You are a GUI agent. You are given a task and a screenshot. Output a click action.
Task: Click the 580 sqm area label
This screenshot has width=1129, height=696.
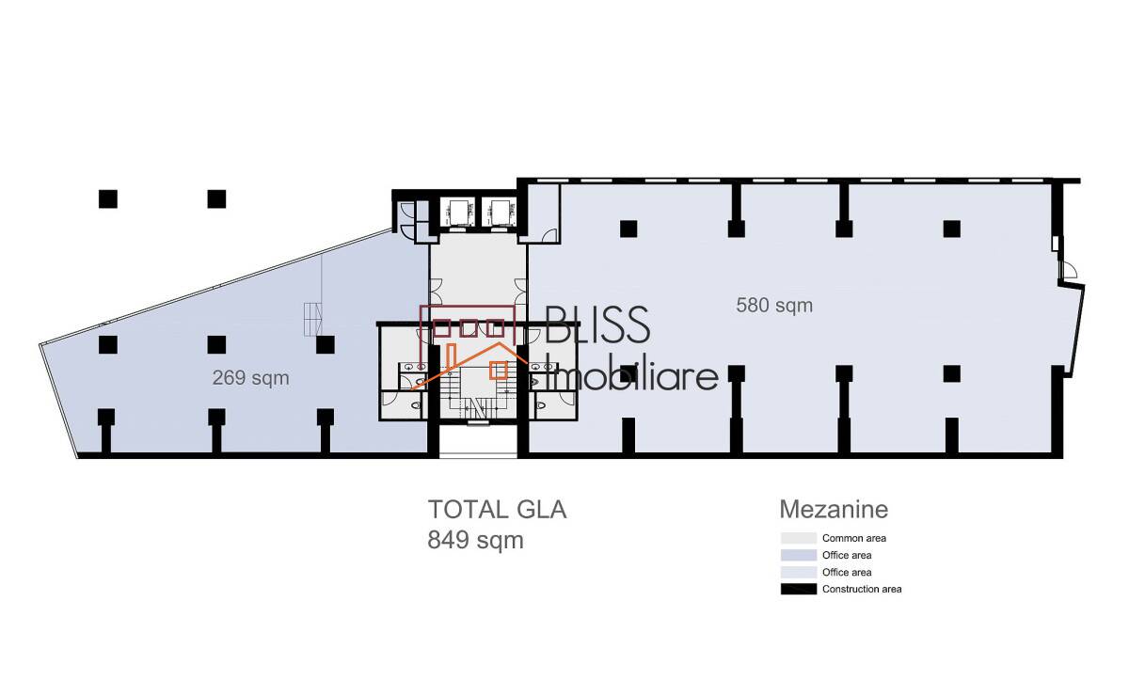pyautogui.click(x=774, y=306)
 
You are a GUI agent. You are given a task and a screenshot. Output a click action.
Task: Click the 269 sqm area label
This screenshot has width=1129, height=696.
pyautogui.click(x=250, y=378)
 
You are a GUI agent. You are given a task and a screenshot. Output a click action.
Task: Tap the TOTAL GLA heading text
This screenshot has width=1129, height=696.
pyautogui.click(x=497, y=510)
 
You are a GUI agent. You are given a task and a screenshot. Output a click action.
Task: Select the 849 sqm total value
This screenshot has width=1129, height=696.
pyautogui.click(x=475, y=540)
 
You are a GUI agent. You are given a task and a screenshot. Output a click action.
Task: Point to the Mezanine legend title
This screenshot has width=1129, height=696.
pyautogui.click(x=834, y=509)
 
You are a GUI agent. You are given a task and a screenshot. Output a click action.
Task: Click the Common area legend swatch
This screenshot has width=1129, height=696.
pyautogui.click(x=799, y=538)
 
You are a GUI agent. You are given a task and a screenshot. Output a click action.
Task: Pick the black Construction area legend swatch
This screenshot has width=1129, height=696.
pyautogui.click(x=799, y=589)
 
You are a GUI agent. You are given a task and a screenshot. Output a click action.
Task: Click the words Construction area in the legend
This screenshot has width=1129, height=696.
pyautogui.click(x=862, y=589)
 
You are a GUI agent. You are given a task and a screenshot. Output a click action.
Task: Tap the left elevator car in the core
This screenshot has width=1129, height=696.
pyautogui.click(x=457, y=213)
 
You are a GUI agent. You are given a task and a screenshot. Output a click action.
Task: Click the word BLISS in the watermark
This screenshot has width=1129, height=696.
pyautogui.click(x=597, y=325)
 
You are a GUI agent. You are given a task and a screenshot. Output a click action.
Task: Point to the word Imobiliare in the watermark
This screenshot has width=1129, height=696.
pyautogui.click(x=632, y=375)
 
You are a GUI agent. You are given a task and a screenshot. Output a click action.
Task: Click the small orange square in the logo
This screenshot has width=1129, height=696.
pyautogui.click(x=499, y=371)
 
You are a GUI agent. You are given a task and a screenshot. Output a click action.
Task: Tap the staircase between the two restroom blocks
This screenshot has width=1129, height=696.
pyautogui.click(x=477, y=393)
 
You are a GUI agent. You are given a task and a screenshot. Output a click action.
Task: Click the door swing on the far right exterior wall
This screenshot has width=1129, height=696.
pyautogui.click(x=1069, y=270)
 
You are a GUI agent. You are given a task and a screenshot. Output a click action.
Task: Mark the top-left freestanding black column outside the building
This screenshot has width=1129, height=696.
pyautogui.click(x=108, y=199)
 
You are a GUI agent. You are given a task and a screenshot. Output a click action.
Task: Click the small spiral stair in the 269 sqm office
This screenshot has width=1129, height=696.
pyautogui.click(x=312, y=320)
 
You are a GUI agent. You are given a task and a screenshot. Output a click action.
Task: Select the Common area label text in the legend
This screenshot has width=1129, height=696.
pyautogui.click(x=854, y=538)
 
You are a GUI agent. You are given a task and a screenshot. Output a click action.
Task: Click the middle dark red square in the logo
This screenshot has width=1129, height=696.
pyautogui.click(x=469, y=328)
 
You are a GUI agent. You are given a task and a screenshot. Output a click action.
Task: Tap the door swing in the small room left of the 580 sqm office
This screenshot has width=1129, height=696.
pyautogui.click(x=549, y=236)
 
